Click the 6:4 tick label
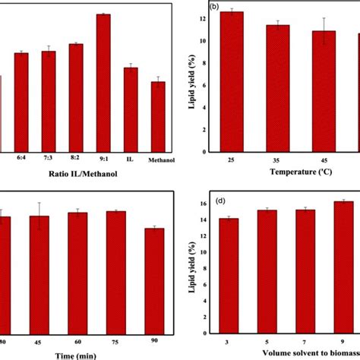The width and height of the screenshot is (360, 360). click(21, 159)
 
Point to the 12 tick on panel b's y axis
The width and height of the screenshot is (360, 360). click(200, 16)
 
